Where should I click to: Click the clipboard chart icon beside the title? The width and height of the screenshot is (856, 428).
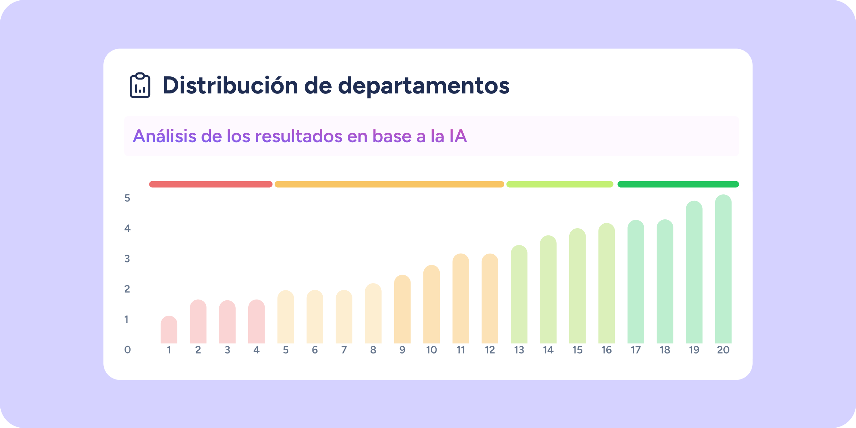point(140,86)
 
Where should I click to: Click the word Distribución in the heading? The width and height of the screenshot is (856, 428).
point(230,86)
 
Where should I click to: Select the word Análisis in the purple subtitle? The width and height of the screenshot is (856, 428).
point(164,136)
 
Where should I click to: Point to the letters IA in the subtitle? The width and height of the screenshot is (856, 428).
point(458,136)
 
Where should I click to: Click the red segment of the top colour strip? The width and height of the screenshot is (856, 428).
point(210,184)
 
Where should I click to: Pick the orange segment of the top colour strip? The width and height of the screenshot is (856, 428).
point(389,184)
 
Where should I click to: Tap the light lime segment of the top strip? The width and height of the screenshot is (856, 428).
point(560,184)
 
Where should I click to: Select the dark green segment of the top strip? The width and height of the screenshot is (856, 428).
point(678,184)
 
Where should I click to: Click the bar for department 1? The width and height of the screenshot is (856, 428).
point(169,330)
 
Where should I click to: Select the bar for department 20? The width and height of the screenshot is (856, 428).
point(723,269)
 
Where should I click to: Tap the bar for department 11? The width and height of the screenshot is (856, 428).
point(461,299)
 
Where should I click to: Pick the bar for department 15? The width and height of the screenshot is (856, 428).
point(577,286)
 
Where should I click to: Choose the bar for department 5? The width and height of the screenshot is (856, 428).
point(286,317)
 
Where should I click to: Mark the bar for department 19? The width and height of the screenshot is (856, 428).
point(694,272)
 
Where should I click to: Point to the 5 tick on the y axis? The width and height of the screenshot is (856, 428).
point(127,198)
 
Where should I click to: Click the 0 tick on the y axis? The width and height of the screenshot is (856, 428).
point(127,350)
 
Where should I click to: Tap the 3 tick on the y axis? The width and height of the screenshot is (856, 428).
point(127,259)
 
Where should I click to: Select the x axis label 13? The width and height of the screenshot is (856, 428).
point(519,350)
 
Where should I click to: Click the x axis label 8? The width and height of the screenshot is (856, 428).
point(373,350)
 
